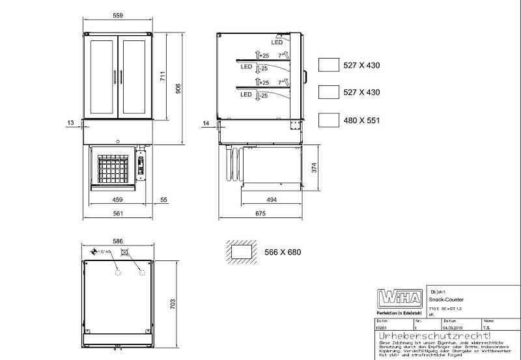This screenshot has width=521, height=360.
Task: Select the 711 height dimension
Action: [x=164, y=76]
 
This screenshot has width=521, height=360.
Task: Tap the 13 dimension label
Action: [x=70, y=122]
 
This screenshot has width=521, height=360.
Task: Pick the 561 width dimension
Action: [x=118, y=213]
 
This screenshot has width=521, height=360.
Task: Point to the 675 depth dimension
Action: [x=259, y=213]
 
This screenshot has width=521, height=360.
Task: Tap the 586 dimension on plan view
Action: [x=117, y=241]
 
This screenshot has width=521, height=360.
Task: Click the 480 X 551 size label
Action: [x=361, y=120]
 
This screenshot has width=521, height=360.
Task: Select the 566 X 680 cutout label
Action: [x=283, y=252]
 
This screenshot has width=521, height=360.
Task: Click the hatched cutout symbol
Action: [x=241, y=251]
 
